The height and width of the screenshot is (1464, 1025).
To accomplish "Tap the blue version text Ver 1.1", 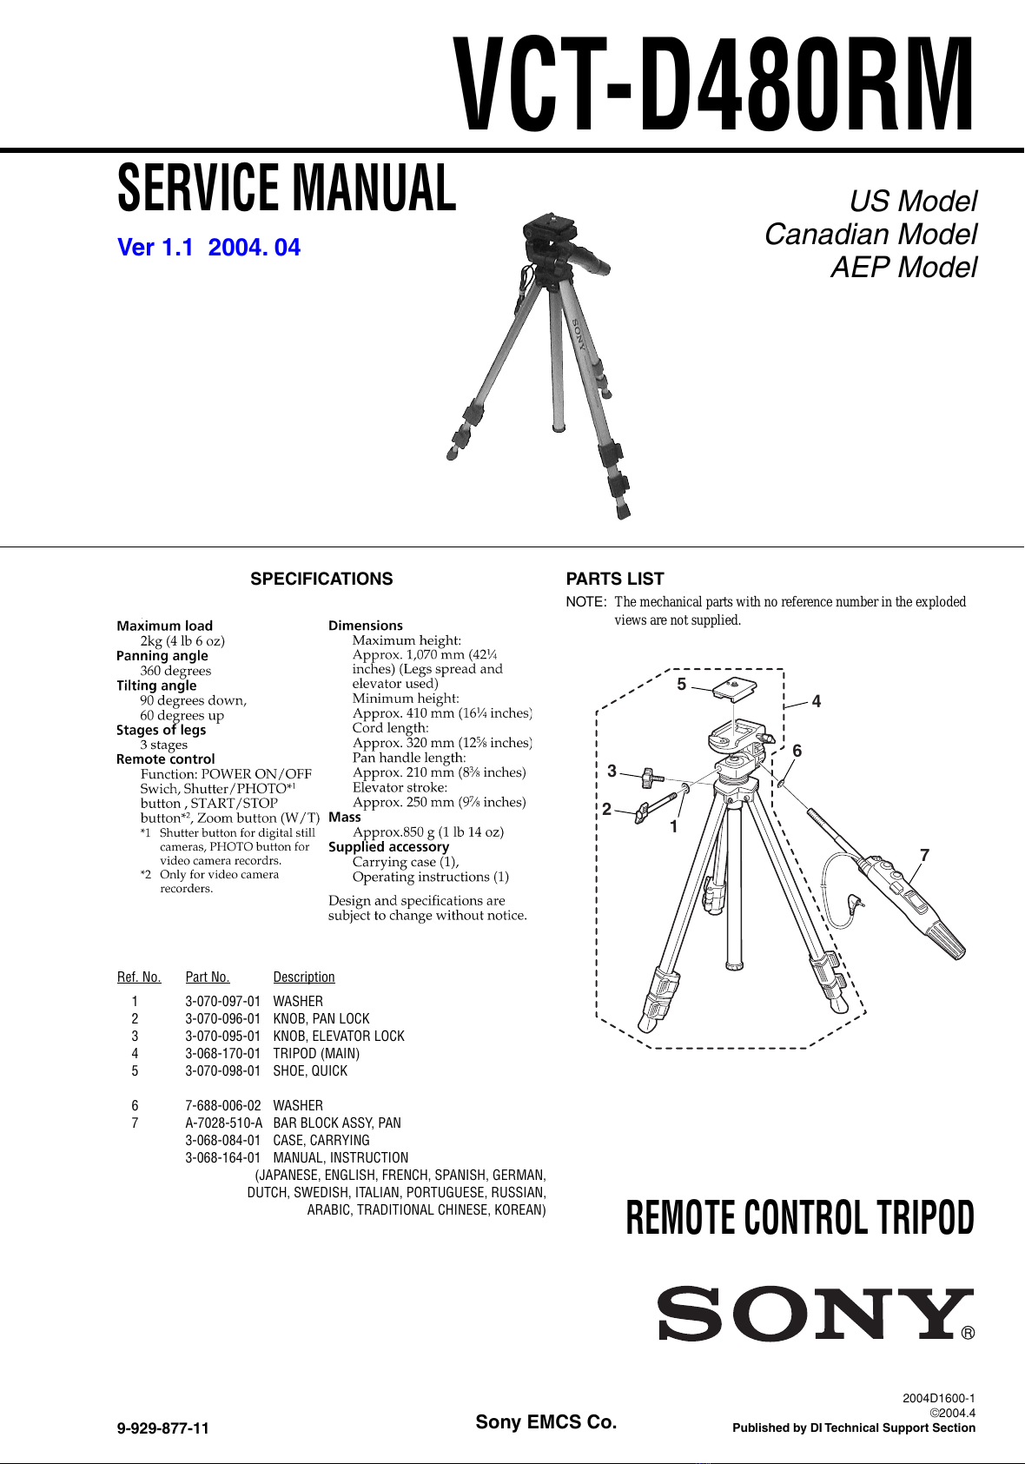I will (155, 248).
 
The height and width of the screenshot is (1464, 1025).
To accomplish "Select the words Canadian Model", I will (870, 234).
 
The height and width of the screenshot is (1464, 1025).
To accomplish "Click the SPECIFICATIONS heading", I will (321, 579).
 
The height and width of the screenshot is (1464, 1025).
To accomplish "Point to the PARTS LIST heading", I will (615, 579).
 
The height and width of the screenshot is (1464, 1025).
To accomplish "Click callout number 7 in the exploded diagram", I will (924, 855).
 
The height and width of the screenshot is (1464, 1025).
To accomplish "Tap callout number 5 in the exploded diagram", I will (682, 684).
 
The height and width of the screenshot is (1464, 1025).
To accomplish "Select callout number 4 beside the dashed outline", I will (816, 701).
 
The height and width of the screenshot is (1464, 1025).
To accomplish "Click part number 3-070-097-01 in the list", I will (222, 1001).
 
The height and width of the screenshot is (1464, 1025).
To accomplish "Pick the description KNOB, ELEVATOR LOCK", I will (339, 1036).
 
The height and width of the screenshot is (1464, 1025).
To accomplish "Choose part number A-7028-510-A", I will (223, 1123).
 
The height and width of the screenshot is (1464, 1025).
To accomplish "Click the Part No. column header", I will (208, 977).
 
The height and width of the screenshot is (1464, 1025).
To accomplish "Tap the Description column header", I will (304, 977).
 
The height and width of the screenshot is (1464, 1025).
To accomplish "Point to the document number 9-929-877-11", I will (163, 1428).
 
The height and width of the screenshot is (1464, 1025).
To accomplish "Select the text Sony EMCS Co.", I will (546, 1422).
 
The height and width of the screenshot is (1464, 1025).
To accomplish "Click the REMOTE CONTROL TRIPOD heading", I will (800, 1218).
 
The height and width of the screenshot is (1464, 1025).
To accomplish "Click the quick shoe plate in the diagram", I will (735, 689).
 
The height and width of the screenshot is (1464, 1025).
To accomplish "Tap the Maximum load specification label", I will (164, 626).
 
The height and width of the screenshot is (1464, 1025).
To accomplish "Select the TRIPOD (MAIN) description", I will (316, 1053).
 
